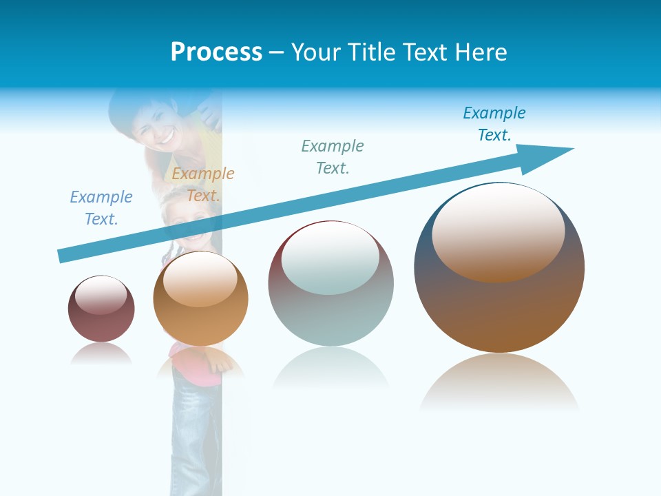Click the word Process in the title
coord(216,52)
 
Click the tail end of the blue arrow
coord(62,256)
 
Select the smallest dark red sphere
coord(101,309)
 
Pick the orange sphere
coord(200,299)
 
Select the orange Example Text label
coord(203,185)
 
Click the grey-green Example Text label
coord(333,157)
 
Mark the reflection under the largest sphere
coord(499,383)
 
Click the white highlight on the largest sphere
coord(498,231)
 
